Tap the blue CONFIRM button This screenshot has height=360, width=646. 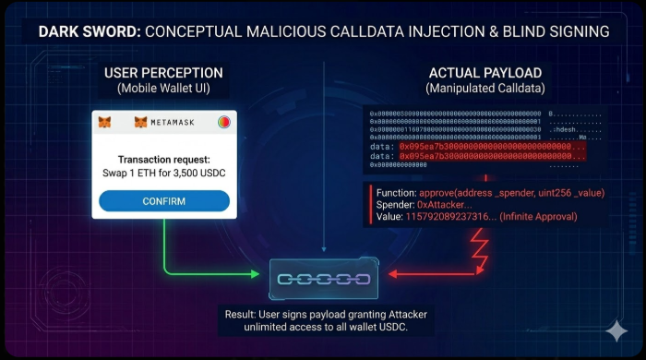163,201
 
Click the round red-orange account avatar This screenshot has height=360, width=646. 224,122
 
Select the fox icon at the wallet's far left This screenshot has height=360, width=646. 105,122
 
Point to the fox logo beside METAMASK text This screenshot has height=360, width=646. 141,122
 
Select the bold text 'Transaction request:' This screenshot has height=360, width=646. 163,159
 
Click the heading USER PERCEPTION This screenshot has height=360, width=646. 163,73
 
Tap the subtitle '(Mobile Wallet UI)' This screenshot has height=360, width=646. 163,89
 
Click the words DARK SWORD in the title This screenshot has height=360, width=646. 89,31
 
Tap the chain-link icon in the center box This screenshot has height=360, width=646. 323,278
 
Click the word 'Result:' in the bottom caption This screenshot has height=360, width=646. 244,315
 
